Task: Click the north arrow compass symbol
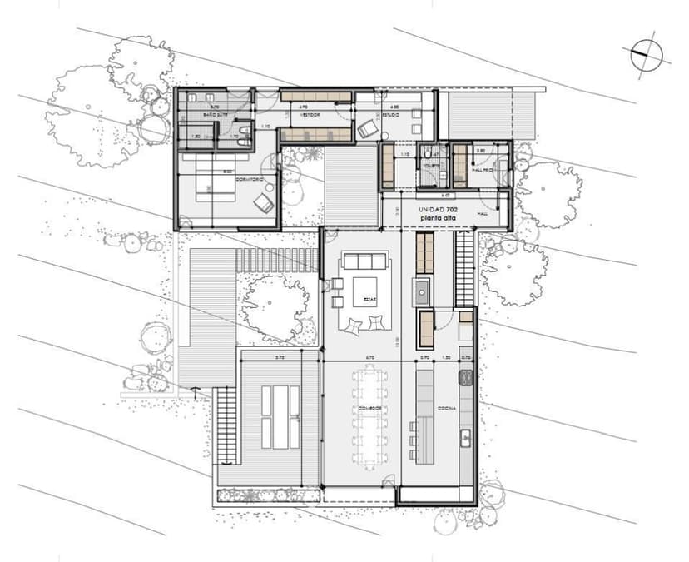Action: [648, 56]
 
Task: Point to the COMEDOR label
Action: [369, 408]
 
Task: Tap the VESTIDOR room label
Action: [310, 115]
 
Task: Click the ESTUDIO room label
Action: [393, 115]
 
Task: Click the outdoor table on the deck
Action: [280, 416]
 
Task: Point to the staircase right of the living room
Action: [463, 269]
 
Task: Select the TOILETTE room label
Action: [429, 166]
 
